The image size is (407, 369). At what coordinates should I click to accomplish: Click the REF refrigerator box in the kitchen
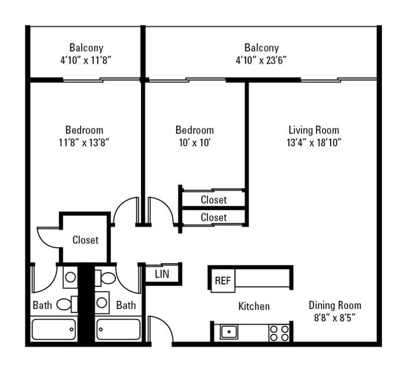point(222,281)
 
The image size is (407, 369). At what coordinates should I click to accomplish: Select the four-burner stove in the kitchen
point(279,332)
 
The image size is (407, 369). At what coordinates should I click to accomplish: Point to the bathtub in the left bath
point(54,329)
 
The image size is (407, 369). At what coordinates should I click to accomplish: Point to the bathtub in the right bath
point(118,329)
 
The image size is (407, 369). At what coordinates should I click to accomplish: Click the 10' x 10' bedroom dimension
point(194,143)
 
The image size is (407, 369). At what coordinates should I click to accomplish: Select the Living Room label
point(314,130)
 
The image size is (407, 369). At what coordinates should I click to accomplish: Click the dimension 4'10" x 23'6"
point(261,60)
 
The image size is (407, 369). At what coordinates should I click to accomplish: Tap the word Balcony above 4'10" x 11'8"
point(86,48)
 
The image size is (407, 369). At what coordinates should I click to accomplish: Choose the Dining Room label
point(334,305)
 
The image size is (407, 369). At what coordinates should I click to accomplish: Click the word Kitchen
point(254,306)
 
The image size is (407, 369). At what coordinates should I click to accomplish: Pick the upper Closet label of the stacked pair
point(214,200)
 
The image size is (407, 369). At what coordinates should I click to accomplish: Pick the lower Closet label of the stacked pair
point(214,217)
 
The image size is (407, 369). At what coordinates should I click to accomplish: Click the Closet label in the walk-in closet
point(85,240)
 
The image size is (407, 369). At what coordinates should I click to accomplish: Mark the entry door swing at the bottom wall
point(160,330)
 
